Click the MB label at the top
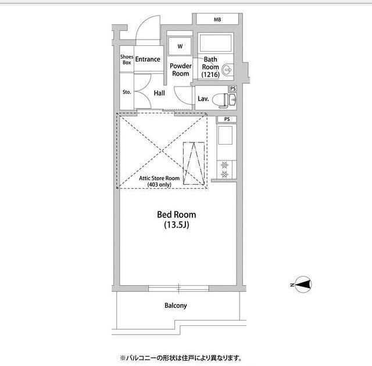click(217, 20)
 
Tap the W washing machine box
click(180, 46)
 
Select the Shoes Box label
click(127, 59)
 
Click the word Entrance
click(148, 59)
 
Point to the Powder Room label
click(181, 70)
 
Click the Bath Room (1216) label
click(210, 67)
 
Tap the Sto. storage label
click(127, 92)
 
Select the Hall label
click(159, 93)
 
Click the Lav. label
click(203, 99)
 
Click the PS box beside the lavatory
click(233, 88)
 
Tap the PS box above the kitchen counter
click(227, 120)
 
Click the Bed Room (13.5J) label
click(177, 219)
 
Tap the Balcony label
click(176, 306)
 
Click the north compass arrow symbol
click(302, 285)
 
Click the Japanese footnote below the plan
click(180, 358)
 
